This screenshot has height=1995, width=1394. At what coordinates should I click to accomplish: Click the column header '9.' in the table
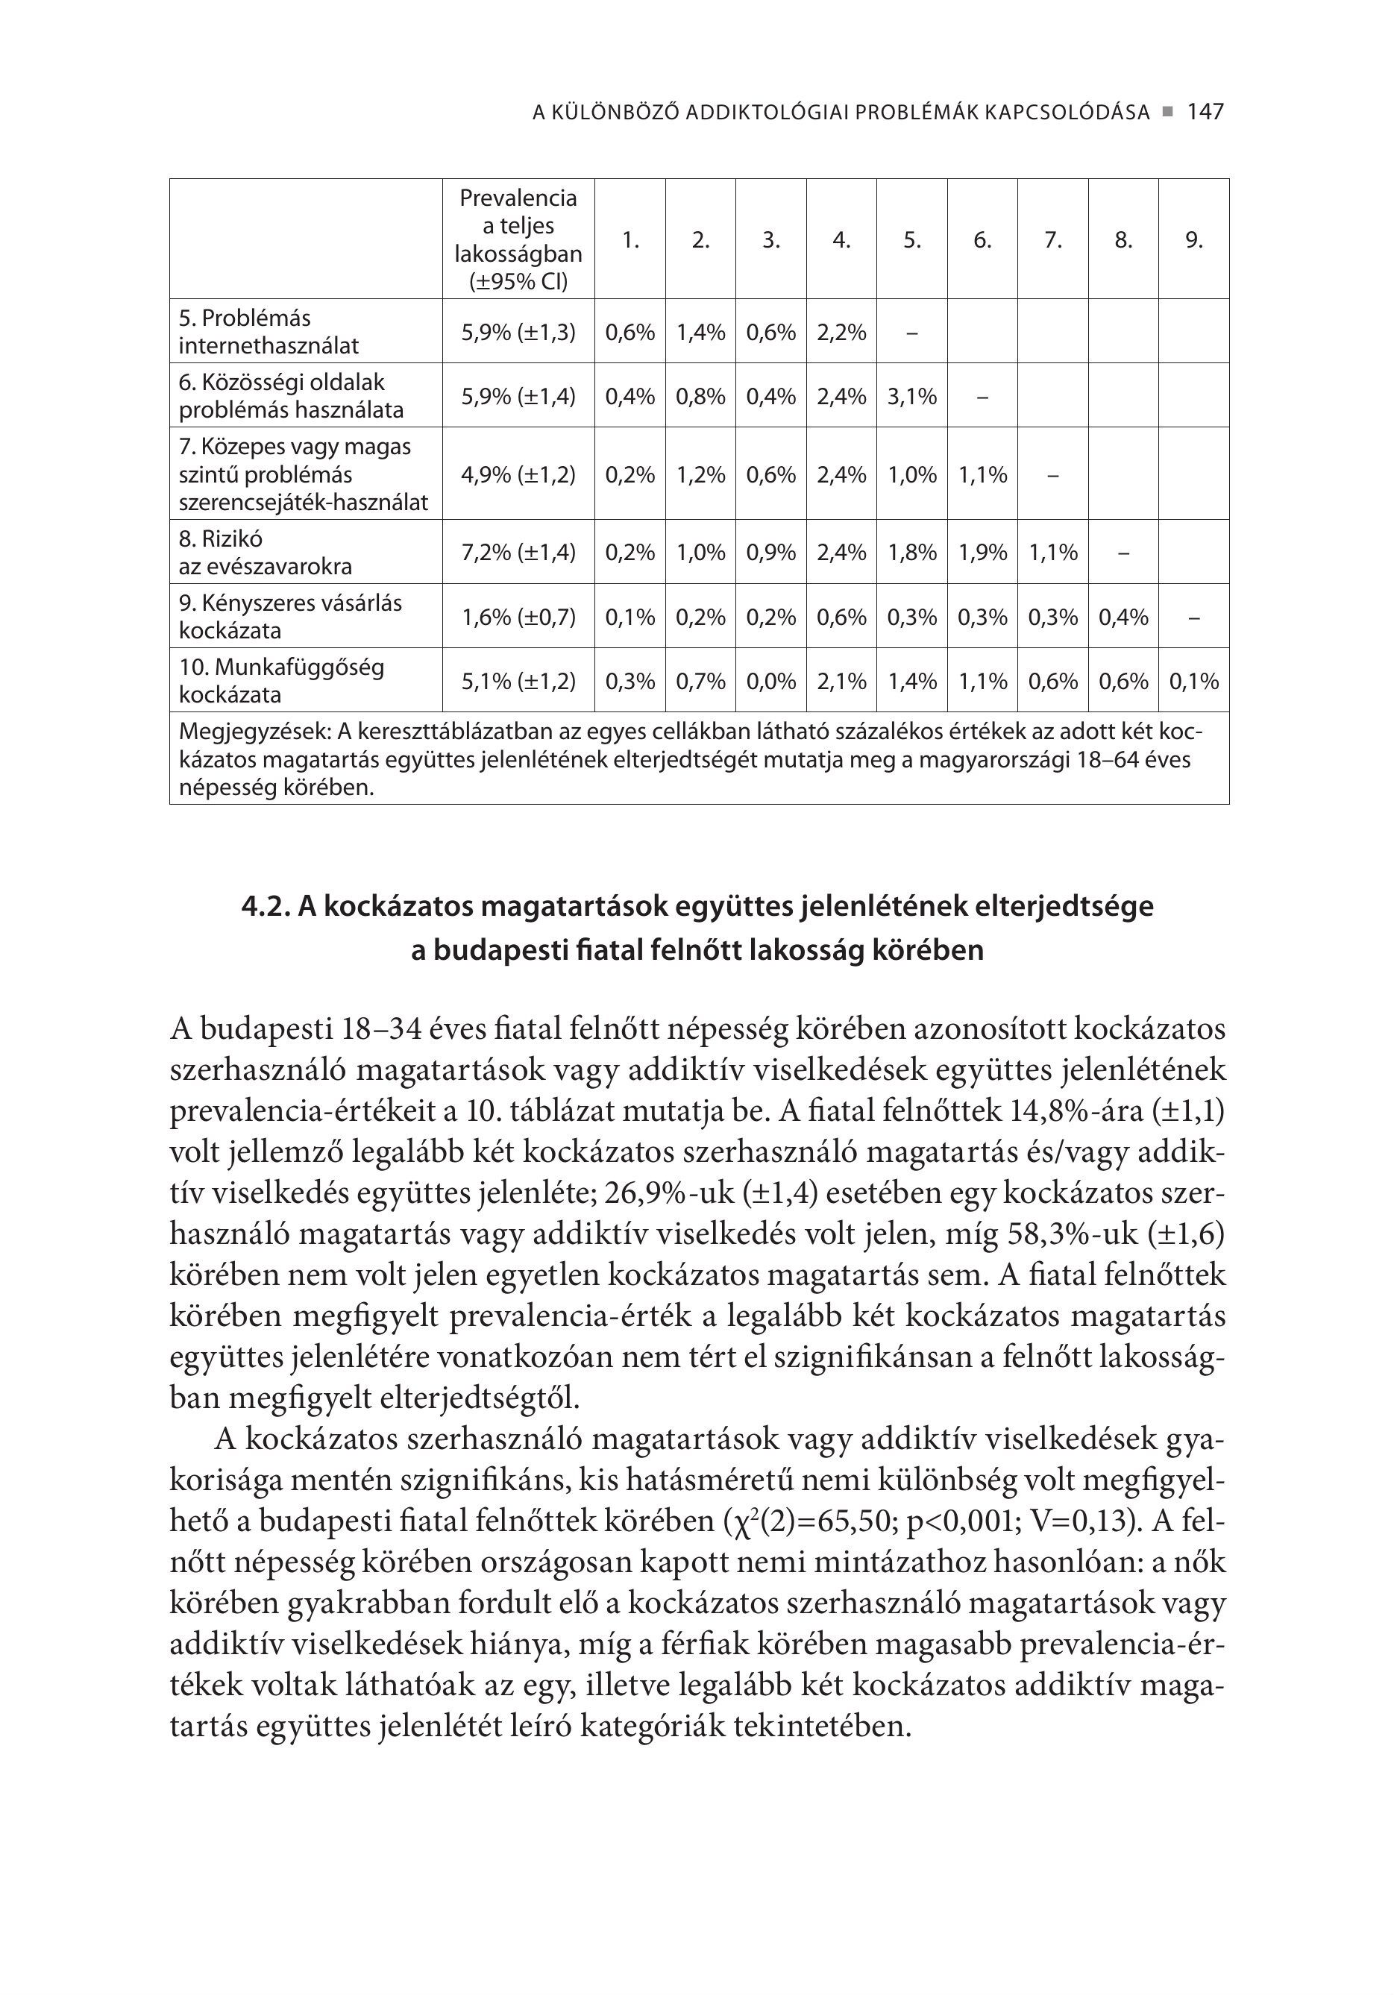(x=1193, y=240)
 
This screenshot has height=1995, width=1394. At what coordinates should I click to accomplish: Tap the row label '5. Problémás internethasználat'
(x=269, y=332)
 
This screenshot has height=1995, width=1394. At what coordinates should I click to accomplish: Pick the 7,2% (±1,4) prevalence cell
(x=518, y=552)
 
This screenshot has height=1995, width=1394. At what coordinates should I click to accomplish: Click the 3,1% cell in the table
(x=911, y=396)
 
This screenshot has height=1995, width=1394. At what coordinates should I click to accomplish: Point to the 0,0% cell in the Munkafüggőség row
(x=771, y=681)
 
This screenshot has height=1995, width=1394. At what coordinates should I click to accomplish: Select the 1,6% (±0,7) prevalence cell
(x=518, y=617)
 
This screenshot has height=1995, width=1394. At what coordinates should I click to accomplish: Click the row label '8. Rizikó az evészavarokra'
(x=265, y=553)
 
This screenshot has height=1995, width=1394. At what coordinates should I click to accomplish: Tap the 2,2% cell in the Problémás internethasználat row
(x=841, y=332)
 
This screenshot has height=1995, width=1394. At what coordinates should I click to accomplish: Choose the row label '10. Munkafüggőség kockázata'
(x=280, y=681)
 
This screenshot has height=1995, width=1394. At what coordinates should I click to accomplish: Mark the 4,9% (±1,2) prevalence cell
(x=518, y=474)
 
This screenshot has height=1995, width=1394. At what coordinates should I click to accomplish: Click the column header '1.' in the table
(x=630, y=240)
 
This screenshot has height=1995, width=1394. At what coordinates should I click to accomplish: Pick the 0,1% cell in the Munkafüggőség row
(x=1193, y=681)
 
